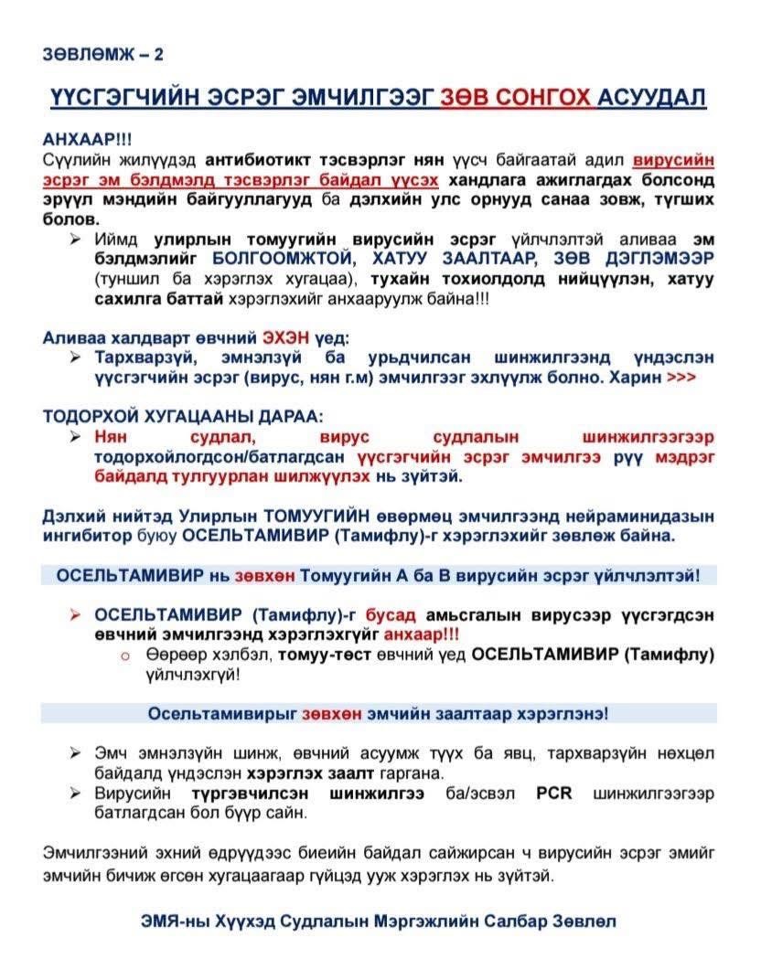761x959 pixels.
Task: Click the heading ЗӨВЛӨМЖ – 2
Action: click(x=102, y=54)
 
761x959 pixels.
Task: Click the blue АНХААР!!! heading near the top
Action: click(x=87, y=139)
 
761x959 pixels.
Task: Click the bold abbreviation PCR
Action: click(x=553, y=794)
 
